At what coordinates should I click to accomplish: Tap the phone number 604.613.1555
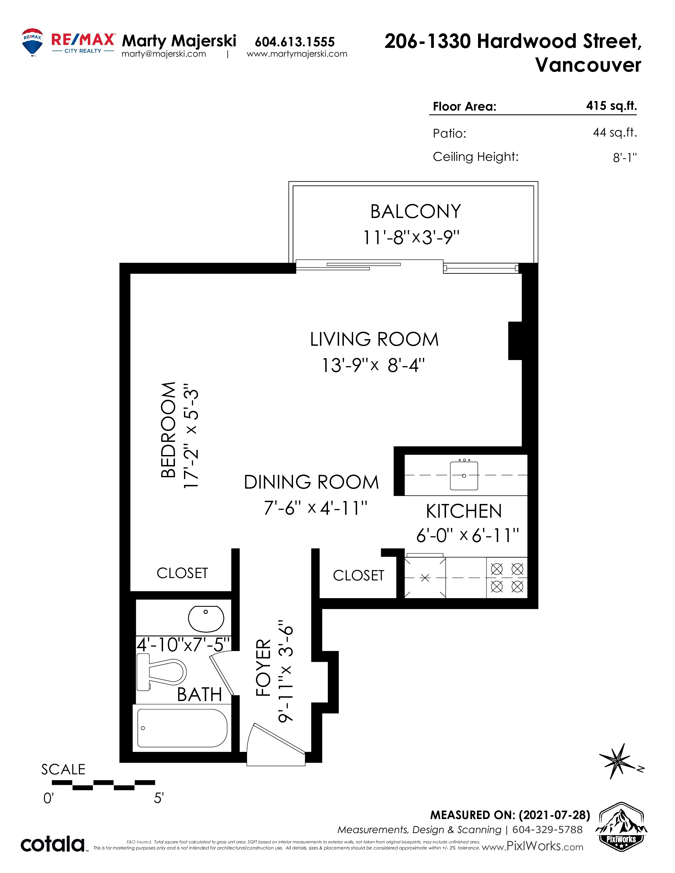coord(295,42)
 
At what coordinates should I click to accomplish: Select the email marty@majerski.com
coord(164,54)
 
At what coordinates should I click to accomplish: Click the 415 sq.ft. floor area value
coord(611,106)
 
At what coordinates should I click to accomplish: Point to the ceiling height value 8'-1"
coord(625,157)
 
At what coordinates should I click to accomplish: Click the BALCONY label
coord(416,211)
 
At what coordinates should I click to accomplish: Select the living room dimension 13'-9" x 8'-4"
coord(373,365)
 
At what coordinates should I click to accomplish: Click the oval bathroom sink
coord(206,619)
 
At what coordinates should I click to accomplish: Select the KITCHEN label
coord(464,511)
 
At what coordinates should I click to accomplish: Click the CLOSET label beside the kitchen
coord(358,576)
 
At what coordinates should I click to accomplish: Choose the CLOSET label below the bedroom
coord(182,573)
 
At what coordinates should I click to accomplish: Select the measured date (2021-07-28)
coord(554,815)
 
